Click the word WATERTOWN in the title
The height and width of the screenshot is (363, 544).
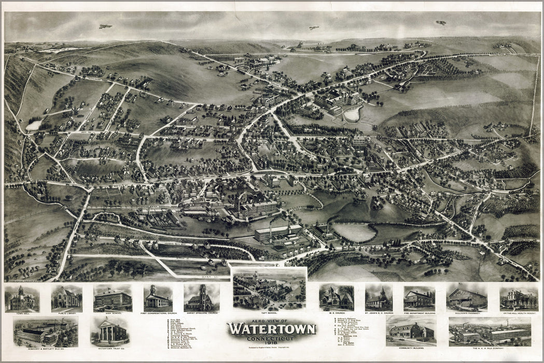coord(271,329)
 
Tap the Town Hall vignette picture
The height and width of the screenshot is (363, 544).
coord(22,298)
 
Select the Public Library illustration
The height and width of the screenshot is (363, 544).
coord(66,298)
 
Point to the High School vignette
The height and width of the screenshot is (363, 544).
coord(113,298)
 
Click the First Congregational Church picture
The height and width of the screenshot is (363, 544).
coord(158,298)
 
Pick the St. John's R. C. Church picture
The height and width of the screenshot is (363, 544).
coord(379,298)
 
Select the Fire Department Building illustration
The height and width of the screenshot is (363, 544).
coord(419,298)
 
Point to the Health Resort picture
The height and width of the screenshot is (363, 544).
coord(519,298)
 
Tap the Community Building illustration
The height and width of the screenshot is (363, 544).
coord(411,330)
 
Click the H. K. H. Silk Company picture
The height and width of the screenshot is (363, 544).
coord(490,331)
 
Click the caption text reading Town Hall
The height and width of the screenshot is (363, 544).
coord(22,314)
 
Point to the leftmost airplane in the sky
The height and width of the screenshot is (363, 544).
coord(105,26)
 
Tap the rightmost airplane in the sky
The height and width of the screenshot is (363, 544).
coord(441,23)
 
